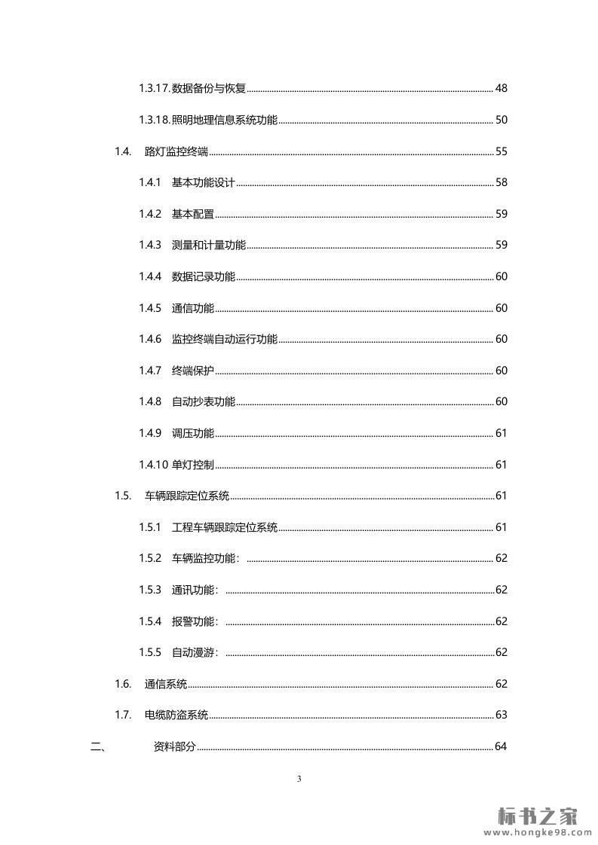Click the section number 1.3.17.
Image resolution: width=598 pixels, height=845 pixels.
pos(154,88)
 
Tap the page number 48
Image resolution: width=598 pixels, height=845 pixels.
pos(501,88)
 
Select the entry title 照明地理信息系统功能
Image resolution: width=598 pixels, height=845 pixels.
pos(225,120)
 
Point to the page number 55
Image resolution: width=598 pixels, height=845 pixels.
pos(501,151)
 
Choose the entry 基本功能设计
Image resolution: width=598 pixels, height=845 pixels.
pos(204,182)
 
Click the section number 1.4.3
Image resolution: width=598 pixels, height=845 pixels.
pos(150,245)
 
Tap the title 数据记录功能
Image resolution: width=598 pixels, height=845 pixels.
pos(204,276)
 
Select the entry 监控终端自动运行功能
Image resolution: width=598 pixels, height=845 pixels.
pos(225,339)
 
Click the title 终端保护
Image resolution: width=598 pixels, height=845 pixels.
pos(193,371)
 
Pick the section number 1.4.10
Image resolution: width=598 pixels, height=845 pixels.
pos(153,464)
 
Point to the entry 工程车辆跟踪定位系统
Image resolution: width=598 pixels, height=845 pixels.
pos(225,527)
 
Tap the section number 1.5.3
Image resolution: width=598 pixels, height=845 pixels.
pos(150,590)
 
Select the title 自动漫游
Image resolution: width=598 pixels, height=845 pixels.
pos(195,652)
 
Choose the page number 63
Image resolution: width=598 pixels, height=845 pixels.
pos(501,715)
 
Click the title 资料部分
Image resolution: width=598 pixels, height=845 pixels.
pos(174,746)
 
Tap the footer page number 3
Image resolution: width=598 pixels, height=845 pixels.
pos(299,779)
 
